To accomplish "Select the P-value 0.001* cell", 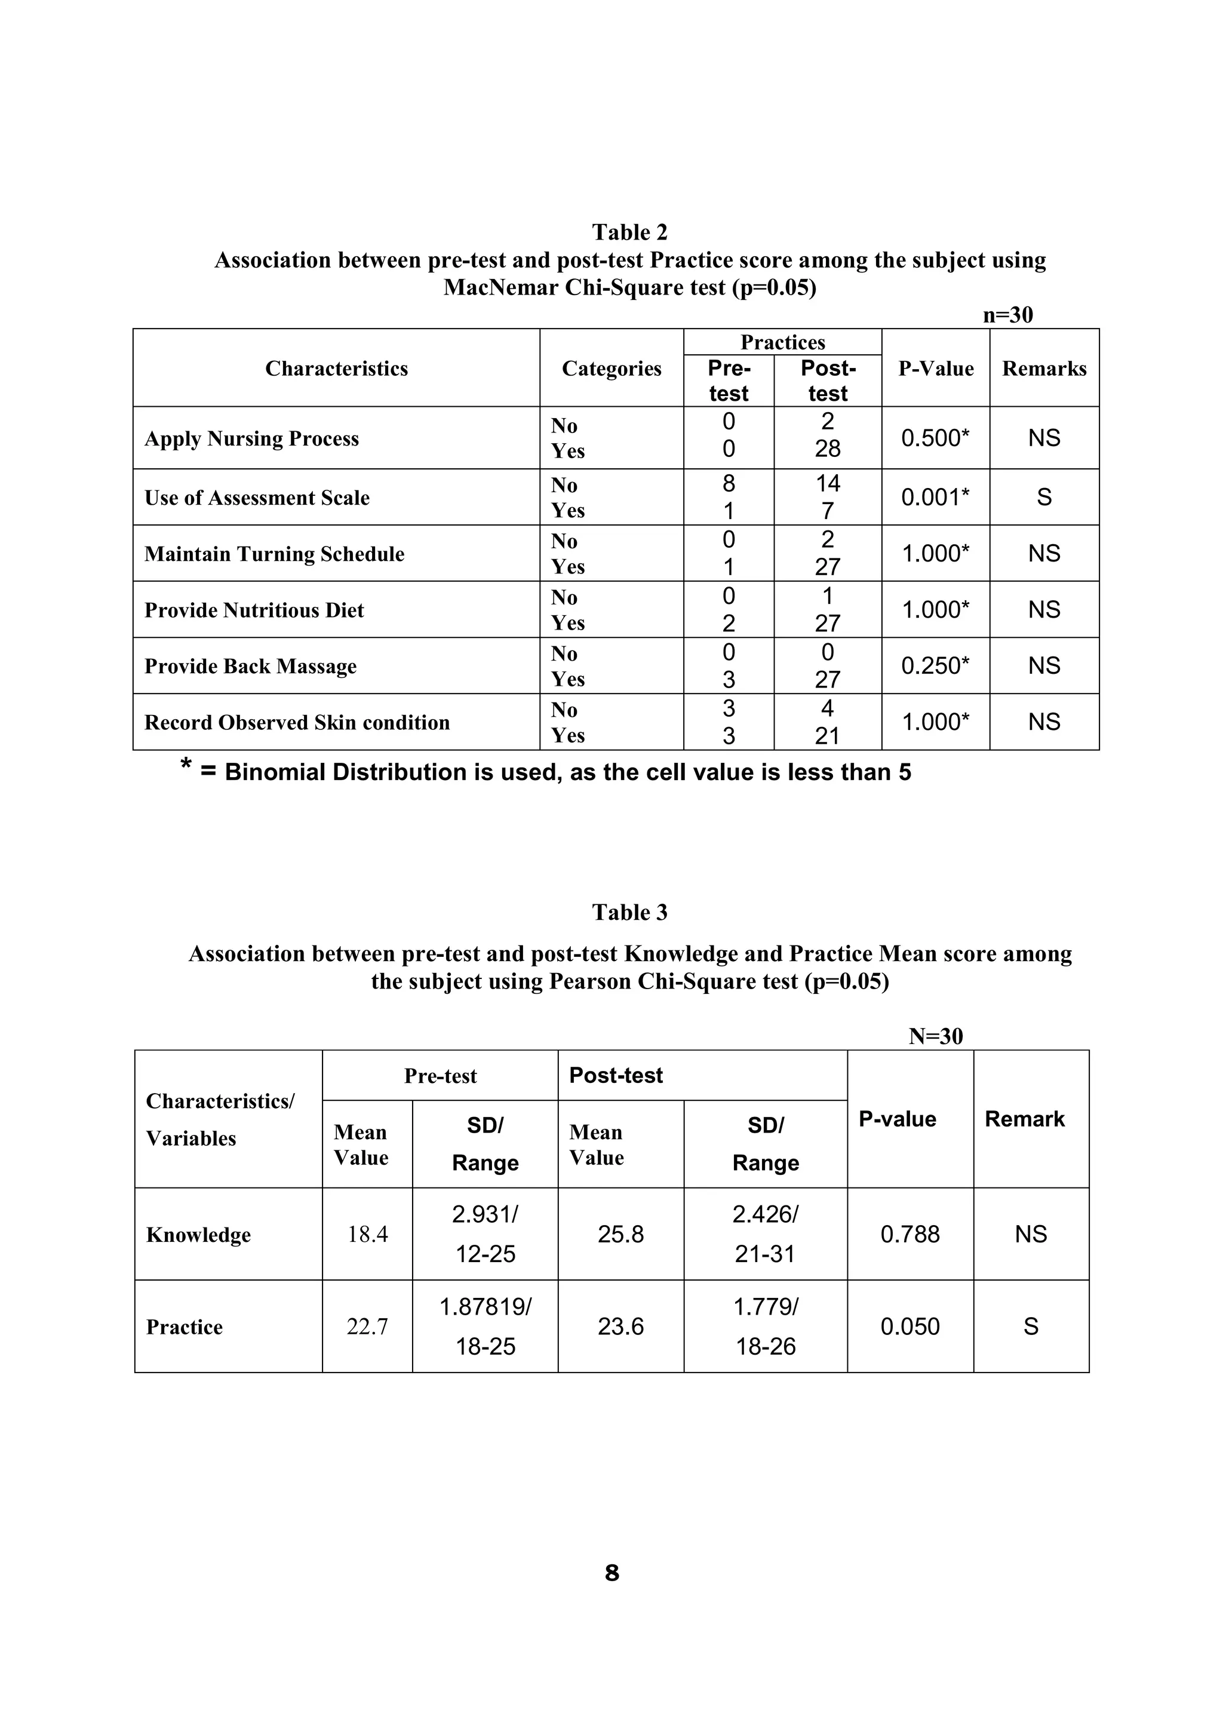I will [935, 497].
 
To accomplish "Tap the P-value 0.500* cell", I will [935, 437].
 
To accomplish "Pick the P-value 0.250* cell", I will [935, 666].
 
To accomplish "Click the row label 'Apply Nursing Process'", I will [251, 439].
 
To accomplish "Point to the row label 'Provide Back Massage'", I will [250, 667].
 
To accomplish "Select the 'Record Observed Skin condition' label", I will [297, 722].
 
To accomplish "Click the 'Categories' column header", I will [611, 369].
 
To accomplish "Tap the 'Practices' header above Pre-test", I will [782, 342].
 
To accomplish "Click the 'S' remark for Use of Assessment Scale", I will [1044, 497].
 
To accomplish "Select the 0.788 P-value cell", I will [909, 1234].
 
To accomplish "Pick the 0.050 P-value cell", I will [909, 1326].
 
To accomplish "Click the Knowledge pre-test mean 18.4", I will [367, 1234].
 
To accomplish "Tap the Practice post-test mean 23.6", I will [620, 1326].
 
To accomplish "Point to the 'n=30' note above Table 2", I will [1007, 315].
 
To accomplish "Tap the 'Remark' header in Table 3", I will [1024, 1119].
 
